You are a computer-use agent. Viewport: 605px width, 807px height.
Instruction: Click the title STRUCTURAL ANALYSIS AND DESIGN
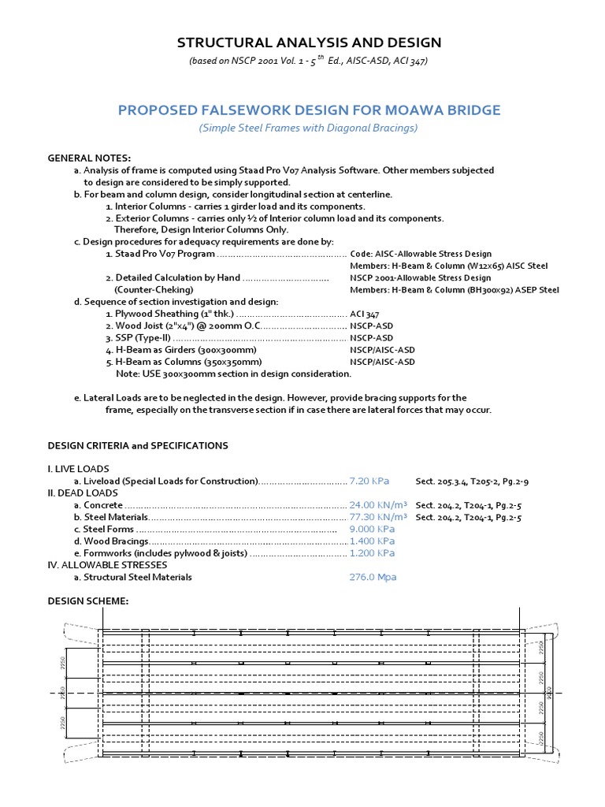308,43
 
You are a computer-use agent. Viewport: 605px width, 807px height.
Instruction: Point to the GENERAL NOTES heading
90,158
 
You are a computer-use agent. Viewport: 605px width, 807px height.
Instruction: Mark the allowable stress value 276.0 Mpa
373,577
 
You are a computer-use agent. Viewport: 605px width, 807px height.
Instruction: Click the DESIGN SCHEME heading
88,601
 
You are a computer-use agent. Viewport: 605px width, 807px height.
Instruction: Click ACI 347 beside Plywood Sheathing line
365,314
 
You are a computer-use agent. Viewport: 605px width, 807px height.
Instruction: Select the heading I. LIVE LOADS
79,469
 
